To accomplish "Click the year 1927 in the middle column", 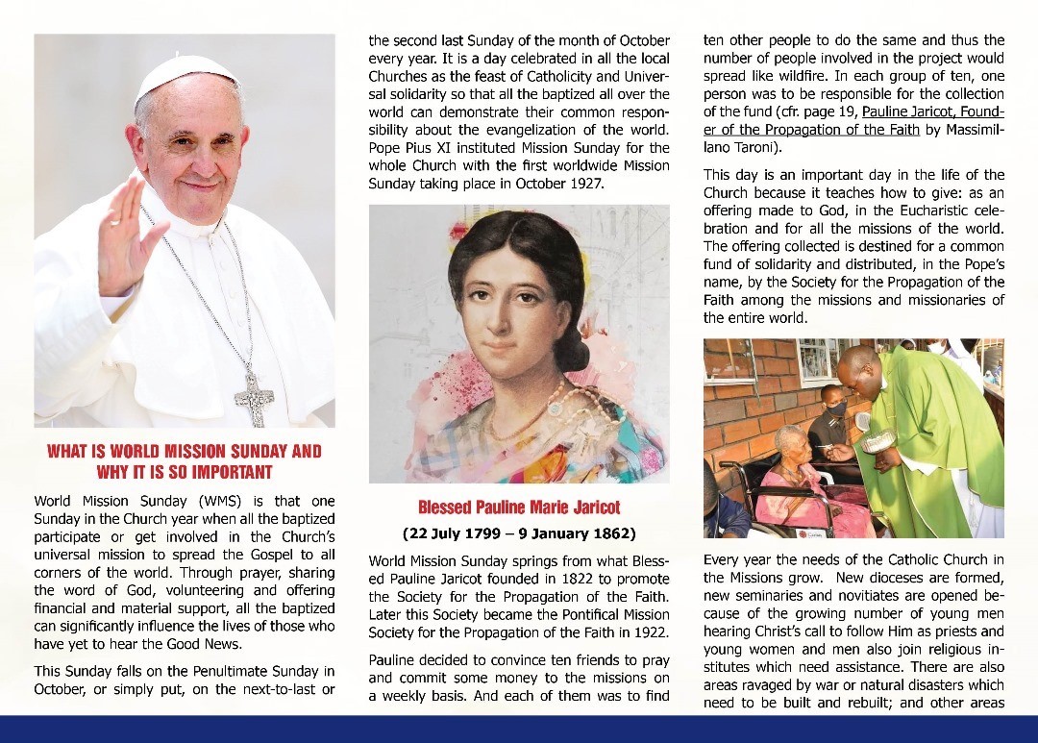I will (583, 183).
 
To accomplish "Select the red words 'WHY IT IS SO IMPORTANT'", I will (185, 472).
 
